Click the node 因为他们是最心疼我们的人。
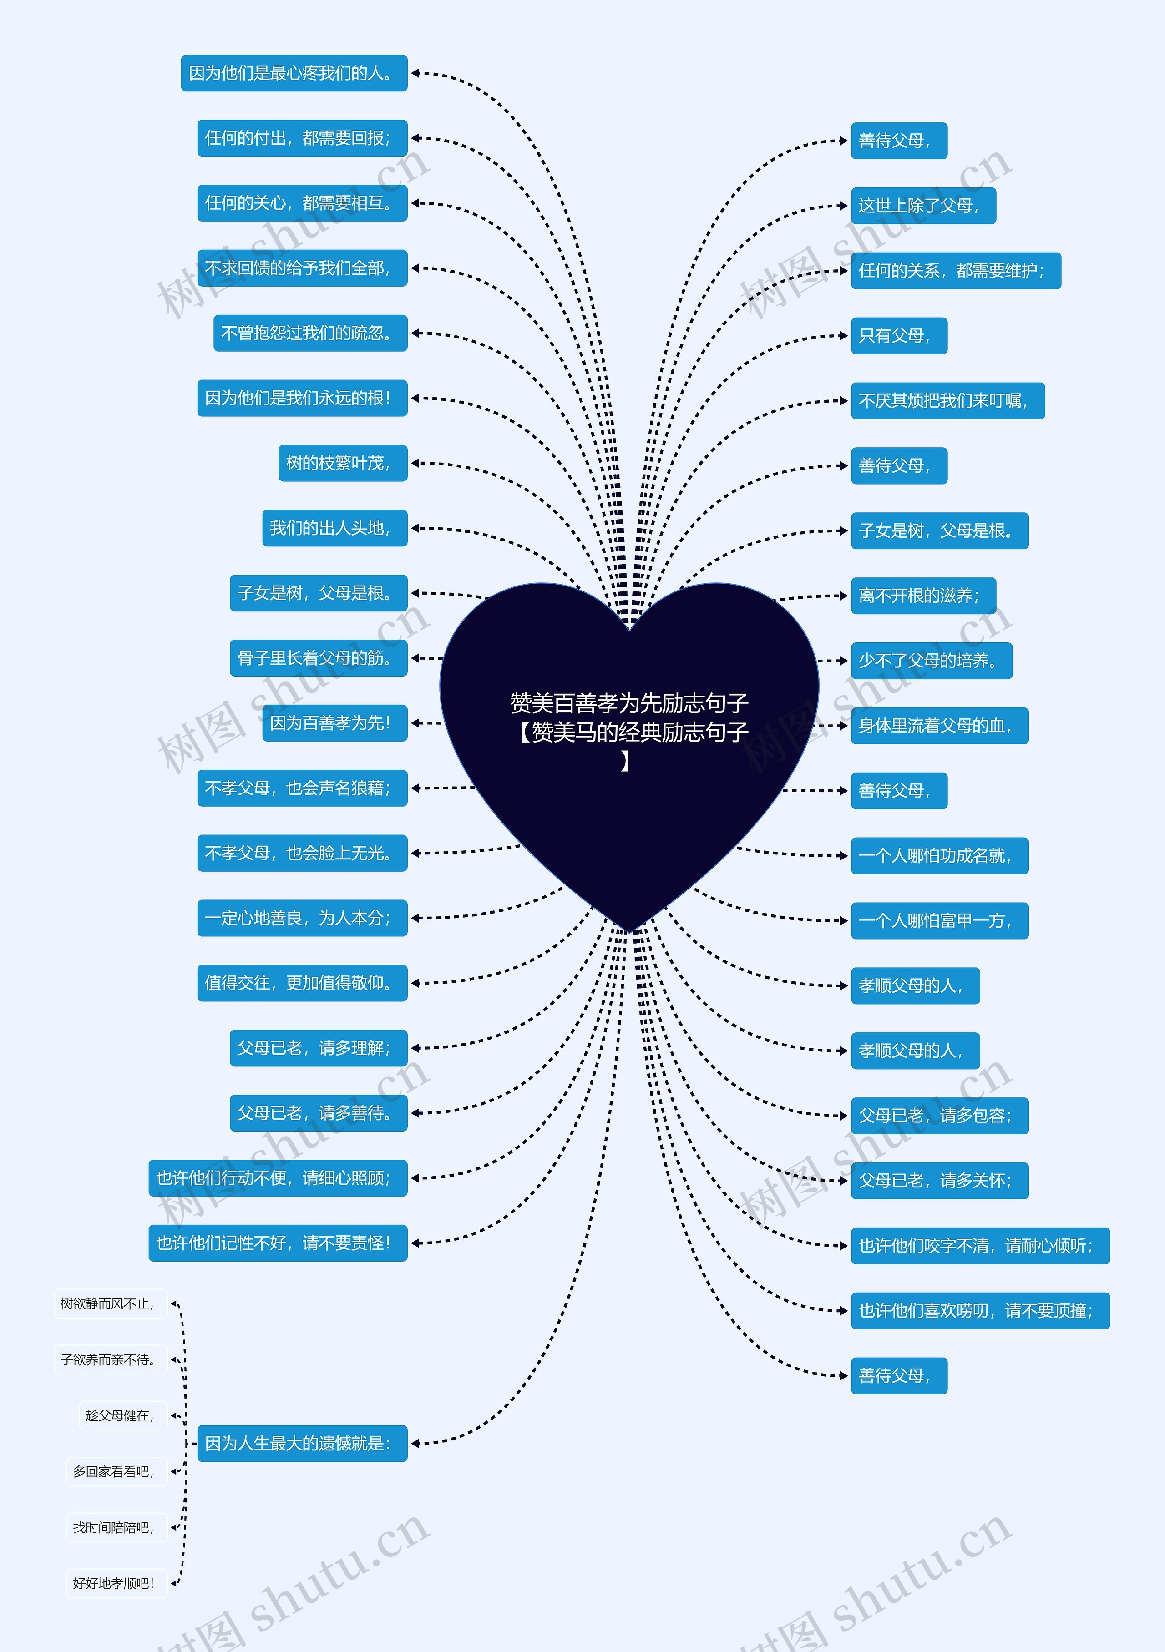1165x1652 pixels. point(294,73)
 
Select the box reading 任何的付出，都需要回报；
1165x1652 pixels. point(302,138)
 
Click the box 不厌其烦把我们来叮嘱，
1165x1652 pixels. point(947,401)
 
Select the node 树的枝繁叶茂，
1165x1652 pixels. point(343,463)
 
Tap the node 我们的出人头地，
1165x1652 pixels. point(334,528)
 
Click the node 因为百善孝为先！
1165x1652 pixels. point(334,723)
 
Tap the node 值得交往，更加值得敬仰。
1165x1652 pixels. point(302,983)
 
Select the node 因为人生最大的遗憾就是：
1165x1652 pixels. point(302,1443)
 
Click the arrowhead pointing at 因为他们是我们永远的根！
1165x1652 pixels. point(415,398)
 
